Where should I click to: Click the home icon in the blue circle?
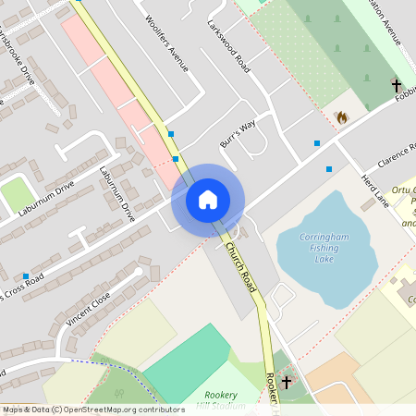(x=208, y=200)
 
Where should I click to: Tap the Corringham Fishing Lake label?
(x=324, y=249)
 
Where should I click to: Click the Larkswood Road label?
(x=228, y=47)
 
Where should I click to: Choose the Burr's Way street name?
(x=238, y=134)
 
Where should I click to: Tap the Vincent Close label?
(x=89, y=308)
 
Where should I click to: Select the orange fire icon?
(x=341, y=117)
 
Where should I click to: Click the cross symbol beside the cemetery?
(x=397, y=85)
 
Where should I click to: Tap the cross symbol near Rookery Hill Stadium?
(x=287, y=381)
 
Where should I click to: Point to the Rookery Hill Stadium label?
(x=224, y=399)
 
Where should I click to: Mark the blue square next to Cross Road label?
(x=25, y=275)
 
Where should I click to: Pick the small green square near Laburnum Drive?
(x=16, y=194)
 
